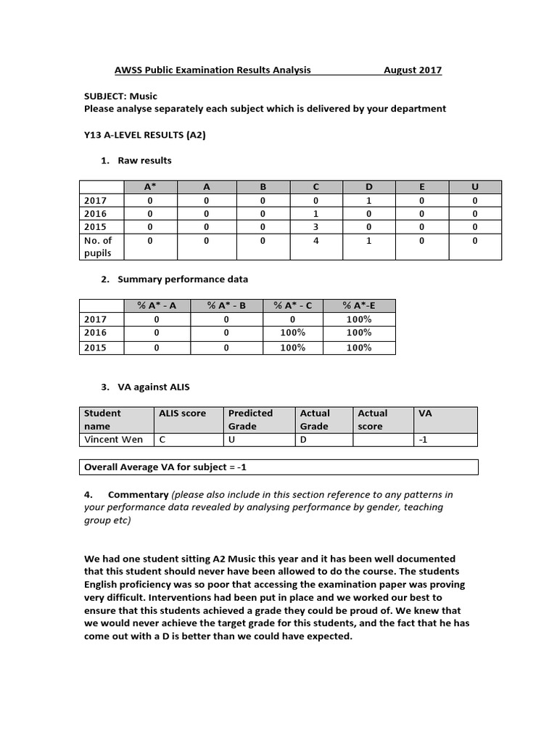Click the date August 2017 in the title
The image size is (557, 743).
pos(412,70)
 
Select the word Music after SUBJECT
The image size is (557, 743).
pos(143,96)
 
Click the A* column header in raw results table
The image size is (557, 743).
pos(150,186)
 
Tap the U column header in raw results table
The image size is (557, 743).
pos(475,186)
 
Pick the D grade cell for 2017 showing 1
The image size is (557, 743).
pos(369,200)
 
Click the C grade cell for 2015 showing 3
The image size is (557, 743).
pos(315,227)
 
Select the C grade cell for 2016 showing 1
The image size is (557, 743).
pos(315,214)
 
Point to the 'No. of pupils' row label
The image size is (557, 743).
pos(99,247)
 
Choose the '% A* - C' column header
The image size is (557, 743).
pos(293,305)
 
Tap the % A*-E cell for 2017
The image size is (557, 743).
pos(359,319)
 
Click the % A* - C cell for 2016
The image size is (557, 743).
pos(293,333)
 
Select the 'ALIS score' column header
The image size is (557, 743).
pos(182,413)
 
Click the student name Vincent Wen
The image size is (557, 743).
pos(114,440)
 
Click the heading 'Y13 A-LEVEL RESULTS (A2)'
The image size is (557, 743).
pos(145,135)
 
